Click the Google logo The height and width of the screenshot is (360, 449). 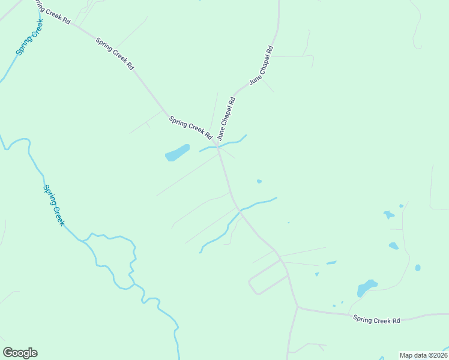pos(20,353)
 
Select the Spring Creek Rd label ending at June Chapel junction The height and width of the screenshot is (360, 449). pos(190,127)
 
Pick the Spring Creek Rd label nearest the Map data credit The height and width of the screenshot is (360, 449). pos(376,320)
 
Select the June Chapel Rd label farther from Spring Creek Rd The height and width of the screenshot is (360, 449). pos(261,64)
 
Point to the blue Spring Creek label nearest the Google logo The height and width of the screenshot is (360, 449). pos(53,205)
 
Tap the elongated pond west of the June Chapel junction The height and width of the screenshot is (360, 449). pos(177,153)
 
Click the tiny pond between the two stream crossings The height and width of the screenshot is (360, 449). pos(259,181)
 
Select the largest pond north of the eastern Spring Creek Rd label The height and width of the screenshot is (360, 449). pos(366,287)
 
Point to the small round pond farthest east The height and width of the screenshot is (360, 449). pos(418,268)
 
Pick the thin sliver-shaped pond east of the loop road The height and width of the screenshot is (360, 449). pos(331,262)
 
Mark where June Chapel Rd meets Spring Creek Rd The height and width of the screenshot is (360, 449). pos(218,146)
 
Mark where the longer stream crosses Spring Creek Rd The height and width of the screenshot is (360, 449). pos(239,210)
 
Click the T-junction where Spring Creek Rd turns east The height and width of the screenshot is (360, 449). pos(298,308)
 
